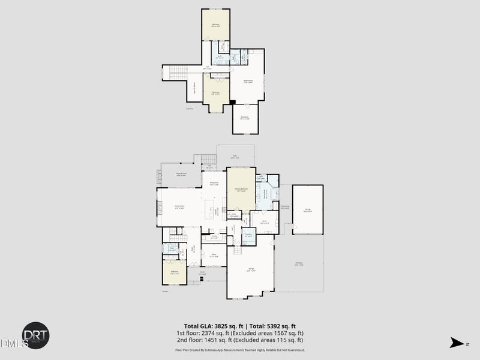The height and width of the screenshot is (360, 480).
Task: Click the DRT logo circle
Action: click(36, 335)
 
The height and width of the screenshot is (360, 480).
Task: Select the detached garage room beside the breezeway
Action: click(308, 209)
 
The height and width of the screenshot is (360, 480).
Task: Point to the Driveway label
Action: click(299, 263)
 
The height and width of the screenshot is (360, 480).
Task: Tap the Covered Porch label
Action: click(181, 174)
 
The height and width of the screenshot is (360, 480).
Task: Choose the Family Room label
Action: click(179, 206)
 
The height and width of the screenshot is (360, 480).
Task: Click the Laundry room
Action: click(248, 236)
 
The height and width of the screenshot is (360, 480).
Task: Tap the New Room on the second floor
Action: click(245, 118)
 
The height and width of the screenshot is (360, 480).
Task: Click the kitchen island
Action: click(211, 211)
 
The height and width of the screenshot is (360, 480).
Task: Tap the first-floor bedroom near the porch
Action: click(175, 271)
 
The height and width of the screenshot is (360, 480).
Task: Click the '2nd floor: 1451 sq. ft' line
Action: click(239, 340)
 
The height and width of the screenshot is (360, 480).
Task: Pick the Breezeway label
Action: click(286, 207)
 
